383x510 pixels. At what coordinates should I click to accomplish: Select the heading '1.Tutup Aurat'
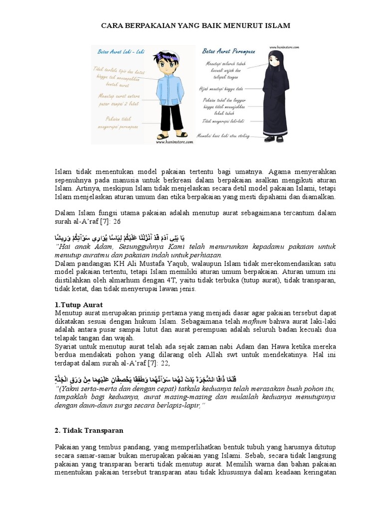78,304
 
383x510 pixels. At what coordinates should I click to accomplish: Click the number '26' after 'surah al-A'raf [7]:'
117,221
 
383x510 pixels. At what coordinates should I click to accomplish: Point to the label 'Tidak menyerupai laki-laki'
228,121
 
